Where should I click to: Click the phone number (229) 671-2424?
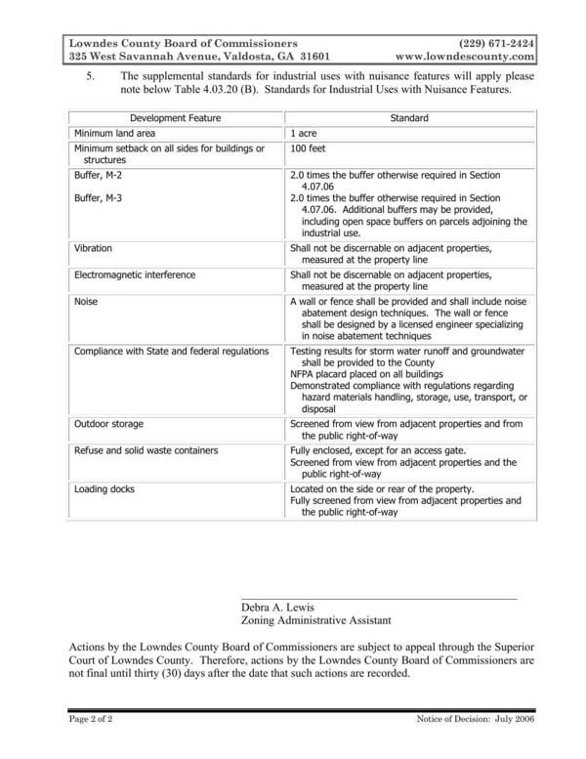[496, 44]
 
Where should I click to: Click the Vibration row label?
[93, 249]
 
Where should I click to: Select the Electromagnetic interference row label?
[135, 275]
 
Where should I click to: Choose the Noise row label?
[86, 302]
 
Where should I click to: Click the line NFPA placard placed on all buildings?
[367, 375]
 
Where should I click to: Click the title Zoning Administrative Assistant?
[316, 620]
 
